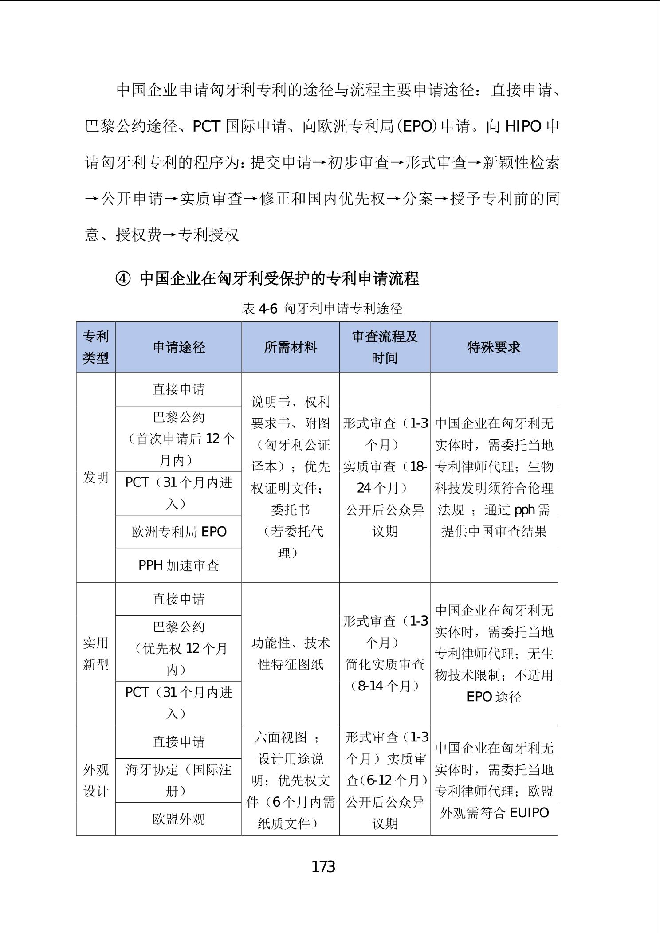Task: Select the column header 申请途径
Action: point(179,347)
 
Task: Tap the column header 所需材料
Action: point(291,347)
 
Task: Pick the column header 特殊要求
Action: point(494,347)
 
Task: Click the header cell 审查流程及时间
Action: point(385,347)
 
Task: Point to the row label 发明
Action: point(96,477)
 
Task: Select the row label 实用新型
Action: point(96,654)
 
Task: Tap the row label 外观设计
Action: point(96,780)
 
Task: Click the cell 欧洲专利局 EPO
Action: point(179,532)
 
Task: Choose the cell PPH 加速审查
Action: point(179,565)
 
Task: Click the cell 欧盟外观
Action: point(179,819)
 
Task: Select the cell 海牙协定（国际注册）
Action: point(179,780)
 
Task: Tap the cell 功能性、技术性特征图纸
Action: point(291,654)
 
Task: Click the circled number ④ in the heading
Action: point(123,278)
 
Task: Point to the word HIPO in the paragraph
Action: point(523,127)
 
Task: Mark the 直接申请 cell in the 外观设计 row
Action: point(179,742)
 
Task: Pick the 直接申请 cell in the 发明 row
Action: point(179,389)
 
